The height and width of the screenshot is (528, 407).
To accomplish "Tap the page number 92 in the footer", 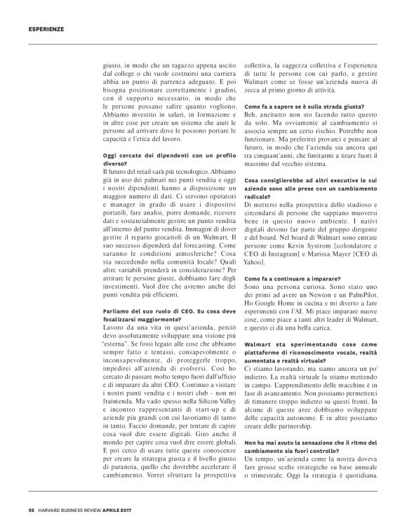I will coord(32,510).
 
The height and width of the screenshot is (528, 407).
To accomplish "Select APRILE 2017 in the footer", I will coord(131,510).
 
